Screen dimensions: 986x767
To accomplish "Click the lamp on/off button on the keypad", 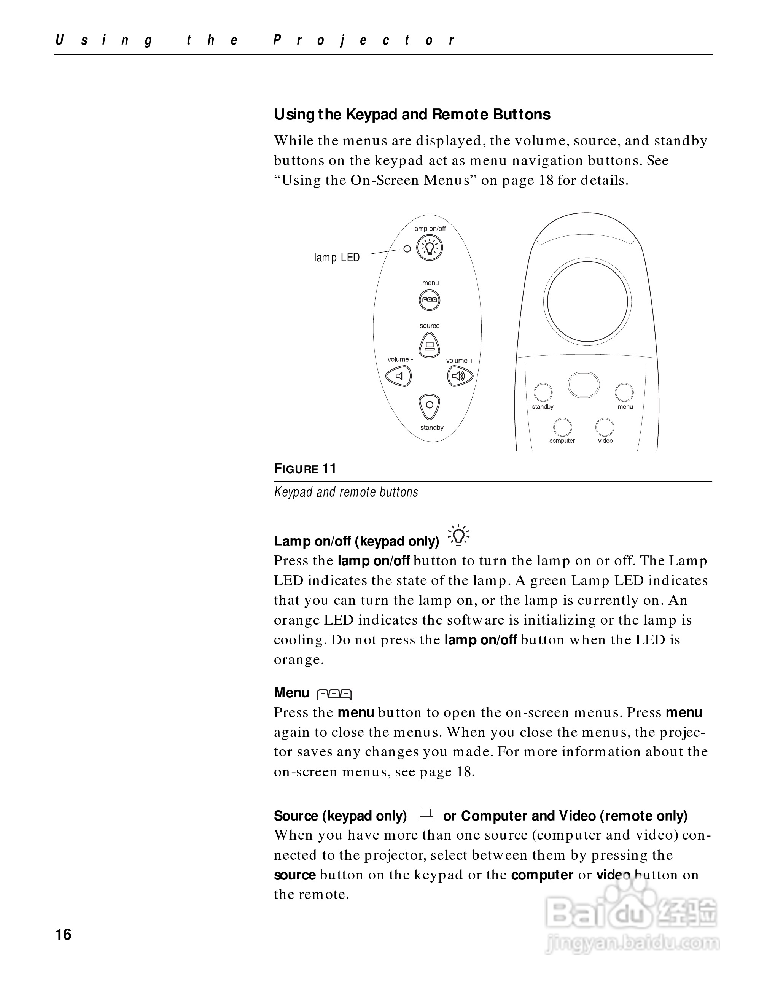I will pos(429,248).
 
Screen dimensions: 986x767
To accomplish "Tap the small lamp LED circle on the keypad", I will pos(407,249).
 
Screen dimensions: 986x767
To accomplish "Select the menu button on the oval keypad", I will pos(429,300).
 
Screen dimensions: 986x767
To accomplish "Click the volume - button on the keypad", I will pos(399,376).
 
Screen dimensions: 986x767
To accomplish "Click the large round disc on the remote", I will pos(587,302).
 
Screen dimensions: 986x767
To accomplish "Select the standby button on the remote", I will pos(543,392).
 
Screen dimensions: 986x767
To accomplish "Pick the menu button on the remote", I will pos(624,392).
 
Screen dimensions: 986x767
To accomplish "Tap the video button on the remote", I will pos(605,427).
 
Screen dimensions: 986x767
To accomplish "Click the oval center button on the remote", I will pos(583,385).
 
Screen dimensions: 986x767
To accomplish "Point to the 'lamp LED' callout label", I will pos(337,258).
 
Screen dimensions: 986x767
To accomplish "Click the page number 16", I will pos(63,934).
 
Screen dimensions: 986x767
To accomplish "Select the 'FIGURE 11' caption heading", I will pos(305,469).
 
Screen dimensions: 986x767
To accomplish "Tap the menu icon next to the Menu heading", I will pos(334,694).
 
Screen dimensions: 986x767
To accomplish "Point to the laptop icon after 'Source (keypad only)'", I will pos(426,814).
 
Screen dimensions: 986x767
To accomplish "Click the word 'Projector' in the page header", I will pos(364,41).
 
